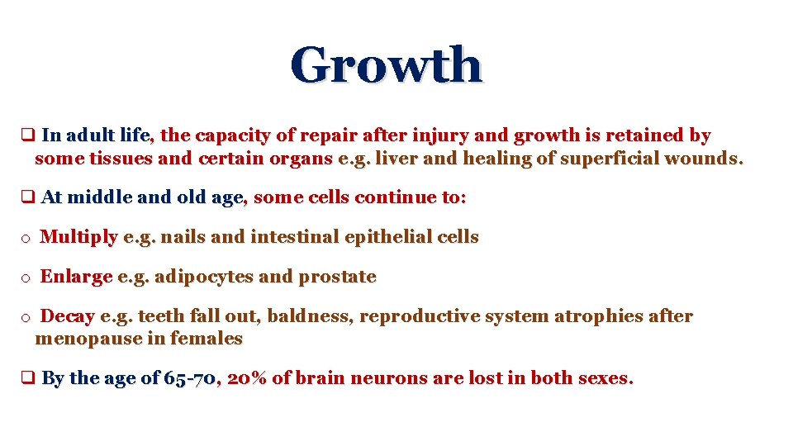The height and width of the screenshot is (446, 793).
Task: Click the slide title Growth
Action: (x=386, y=65)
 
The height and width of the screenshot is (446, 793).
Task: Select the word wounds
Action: (x=708, y=159)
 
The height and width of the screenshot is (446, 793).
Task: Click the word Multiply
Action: (x=79, y=238)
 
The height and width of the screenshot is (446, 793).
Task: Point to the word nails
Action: (x=183, y=237)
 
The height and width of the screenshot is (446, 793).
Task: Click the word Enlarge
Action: (x=76, y=277)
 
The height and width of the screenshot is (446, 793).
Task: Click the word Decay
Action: (x=68, y=316)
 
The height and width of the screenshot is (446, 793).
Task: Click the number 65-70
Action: (x=191, y=379)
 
